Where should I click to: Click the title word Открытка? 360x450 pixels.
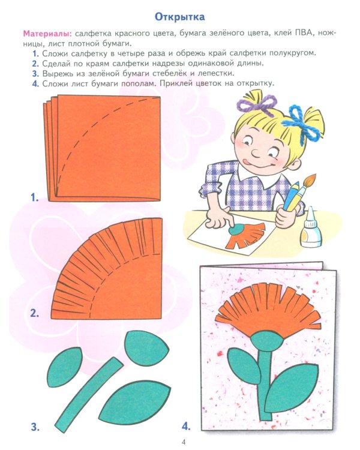179,16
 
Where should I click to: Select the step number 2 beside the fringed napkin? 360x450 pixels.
35,313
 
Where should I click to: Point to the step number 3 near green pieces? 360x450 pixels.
35,427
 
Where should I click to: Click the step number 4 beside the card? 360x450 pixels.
186,427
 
